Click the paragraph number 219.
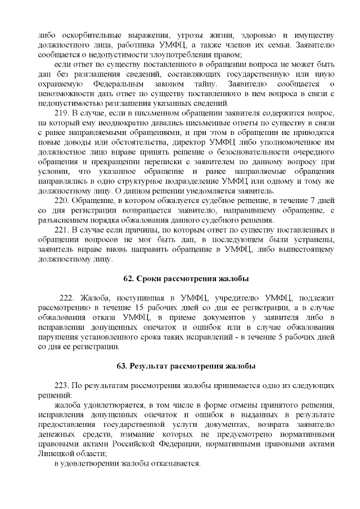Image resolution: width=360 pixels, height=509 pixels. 62,112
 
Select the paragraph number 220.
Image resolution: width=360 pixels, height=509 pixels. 62,200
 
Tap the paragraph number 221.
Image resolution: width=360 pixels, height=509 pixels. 62,230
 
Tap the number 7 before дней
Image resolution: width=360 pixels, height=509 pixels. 313,200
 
